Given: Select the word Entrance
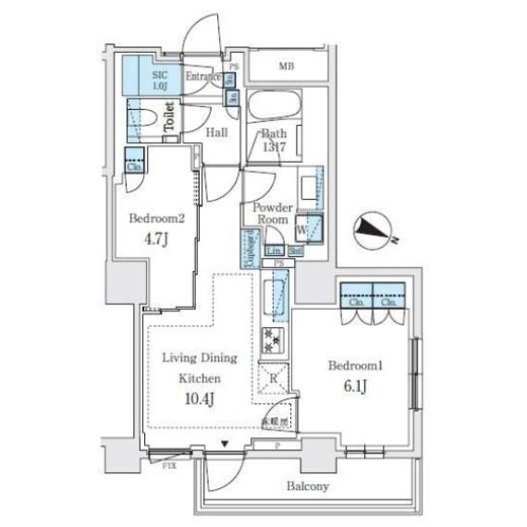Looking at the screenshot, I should point(204,77).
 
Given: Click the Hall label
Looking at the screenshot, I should point(217,132).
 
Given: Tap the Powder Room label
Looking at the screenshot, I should point(273,215).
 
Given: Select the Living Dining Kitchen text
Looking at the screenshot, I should point(200,368).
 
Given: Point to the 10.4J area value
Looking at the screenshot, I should point(201,399).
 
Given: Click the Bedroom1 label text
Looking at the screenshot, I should point(356,366).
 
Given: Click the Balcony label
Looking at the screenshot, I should point(309,486).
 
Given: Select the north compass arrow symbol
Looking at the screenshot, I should point(374,229).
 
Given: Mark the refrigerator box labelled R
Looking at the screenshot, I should point(275,376).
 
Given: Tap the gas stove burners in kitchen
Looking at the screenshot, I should point(274,339).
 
